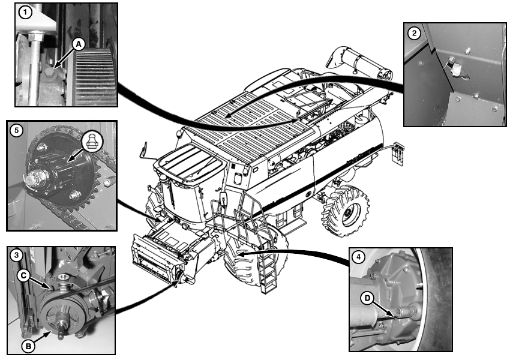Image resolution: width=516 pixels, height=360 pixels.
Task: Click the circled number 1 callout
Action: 25,13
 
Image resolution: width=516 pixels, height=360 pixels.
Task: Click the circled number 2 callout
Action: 413,32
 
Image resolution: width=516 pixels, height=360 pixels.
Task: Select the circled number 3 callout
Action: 16,255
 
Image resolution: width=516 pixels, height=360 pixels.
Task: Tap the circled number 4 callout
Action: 358,256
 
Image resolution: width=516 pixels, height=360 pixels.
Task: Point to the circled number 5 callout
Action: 16,130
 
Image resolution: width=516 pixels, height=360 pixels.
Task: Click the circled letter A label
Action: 79,44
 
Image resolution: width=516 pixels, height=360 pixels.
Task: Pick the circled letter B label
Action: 28,346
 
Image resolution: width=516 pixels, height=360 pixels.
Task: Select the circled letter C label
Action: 23,275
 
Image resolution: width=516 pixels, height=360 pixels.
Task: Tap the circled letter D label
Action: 367,298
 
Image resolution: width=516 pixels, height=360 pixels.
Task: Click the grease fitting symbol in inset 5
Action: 92,142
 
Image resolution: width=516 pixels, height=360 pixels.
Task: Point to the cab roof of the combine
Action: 190,163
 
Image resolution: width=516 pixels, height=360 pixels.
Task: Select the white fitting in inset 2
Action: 456,70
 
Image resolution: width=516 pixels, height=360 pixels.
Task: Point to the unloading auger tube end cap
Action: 385,74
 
